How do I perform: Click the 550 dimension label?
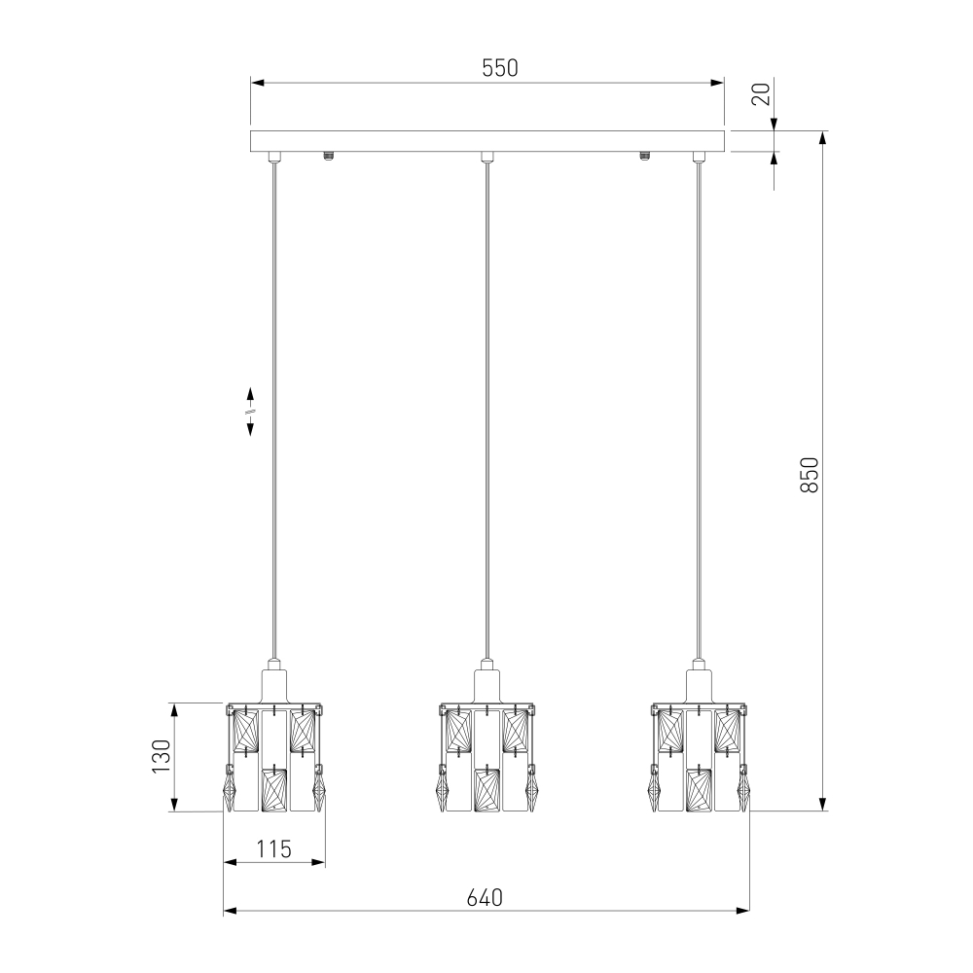[x=499, y=68]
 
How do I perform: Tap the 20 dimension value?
[x=761, y=93]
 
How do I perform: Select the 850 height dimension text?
[x=810, y=475]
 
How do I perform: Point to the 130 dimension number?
[x=161, y=756]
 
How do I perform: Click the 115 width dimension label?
[x=273, y=848]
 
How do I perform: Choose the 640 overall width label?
[x=485, y=897]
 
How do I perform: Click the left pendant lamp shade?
[x=274, y=758]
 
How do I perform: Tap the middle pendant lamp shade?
[x=487, y=758]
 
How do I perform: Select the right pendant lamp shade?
[x=700, y=758]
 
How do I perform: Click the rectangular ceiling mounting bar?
[x=487, y=141]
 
